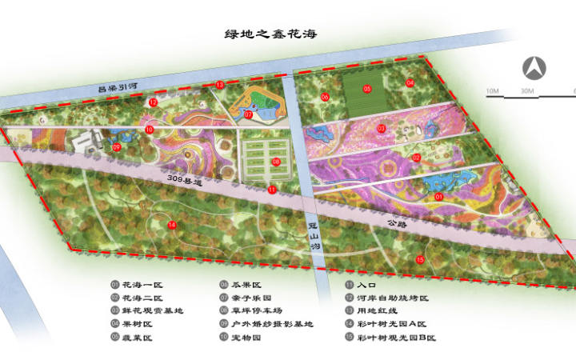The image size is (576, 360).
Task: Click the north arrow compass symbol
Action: pyautogui.click(x=534, y=68)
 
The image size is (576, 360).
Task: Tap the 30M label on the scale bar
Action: pyautogui.click(x=527, y=91)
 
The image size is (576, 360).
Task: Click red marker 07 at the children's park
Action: pyautogui.click(x=249, y=114)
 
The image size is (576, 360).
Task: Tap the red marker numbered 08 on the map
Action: pyautogui.click(x=276, y=162)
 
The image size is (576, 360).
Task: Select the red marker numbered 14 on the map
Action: pyautogui.click(x=172, y=225)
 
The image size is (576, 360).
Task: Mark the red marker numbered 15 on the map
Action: pyautogui.click(x=420, y=259)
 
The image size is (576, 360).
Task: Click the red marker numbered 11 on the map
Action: pyautogui.click(x=272, y=190)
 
